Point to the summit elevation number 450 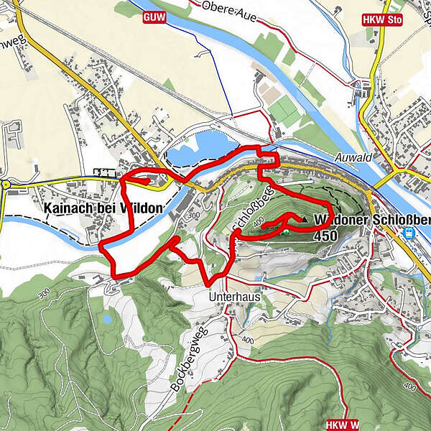point(325,234)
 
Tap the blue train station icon point(409,233)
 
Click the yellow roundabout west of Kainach point(6,185)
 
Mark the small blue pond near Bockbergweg point(107,317)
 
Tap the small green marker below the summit point(285,231)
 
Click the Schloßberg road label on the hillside point(252,210)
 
